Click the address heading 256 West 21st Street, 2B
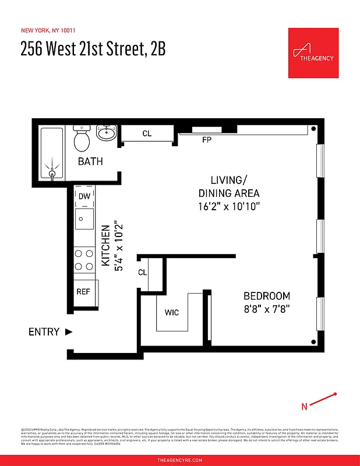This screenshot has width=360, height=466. click(93, 50)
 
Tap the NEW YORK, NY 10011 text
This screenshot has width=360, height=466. click(48, 30)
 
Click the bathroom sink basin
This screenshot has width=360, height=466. click(106, 133)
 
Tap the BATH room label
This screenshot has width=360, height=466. click(90, 161)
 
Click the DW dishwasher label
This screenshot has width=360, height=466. click(84, 196)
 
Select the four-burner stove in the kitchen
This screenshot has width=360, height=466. click(84, 260)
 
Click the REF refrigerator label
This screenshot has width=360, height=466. click(83, 291)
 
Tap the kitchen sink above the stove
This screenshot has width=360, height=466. click(85, 220)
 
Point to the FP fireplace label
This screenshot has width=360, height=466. click(206, 140)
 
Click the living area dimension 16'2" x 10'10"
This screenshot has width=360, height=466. click(228, 206)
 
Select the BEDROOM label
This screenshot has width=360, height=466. click(266, 295)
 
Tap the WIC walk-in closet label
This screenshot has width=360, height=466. click(172, 313)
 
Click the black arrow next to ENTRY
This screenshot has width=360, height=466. click(69, 332)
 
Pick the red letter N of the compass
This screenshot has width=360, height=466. click(304, 406)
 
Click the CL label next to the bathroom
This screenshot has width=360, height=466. click(147, 133)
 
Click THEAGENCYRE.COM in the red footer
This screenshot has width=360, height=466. click(180, 460)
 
